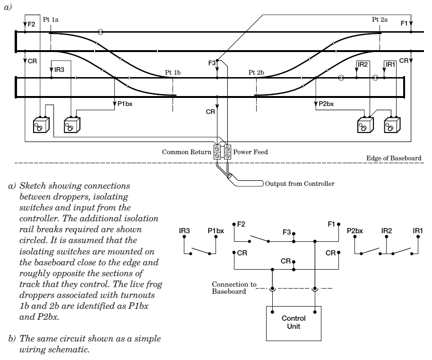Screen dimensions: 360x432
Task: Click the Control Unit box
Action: tap(294, 323)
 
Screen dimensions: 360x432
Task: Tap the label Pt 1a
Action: tap(51, 20)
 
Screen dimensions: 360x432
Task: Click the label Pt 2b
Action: tap(256, 72)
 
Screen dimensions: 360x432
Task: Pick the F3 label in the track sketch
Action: tap(212, 63)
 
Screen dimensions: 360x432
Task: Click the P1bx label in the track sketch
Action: tap(125, 104)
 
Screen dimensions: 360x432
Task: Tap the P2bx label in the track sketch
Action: tap(326, 104)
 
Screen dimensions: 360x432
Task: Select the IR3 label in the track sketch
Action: tap(59, 70)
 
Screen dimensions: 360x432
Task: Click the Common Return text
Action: tap(187, 152)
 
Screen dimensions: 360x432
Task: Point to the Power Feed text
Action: tap(251, 152)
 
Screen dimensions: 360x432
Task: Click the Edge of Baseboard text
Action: tap(393, 158)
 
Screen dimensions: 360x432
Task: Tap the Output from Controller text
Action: tap(300, 184)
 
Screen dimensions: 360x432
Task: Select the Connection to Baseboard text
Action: tap(233, 288)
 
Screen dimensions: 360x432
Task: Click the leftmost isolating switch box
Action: tap(39, 125)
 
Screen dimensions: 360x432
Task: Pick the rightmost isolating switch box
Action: tap(392, 125)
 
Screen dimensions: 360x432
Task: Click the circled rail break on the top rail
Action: tap(100, 32)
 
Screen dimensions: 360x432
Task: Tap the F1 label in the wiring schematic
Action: tap(331, 224)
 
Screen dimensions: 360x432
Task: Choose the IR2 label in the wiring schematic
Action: tap(387, 231)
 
